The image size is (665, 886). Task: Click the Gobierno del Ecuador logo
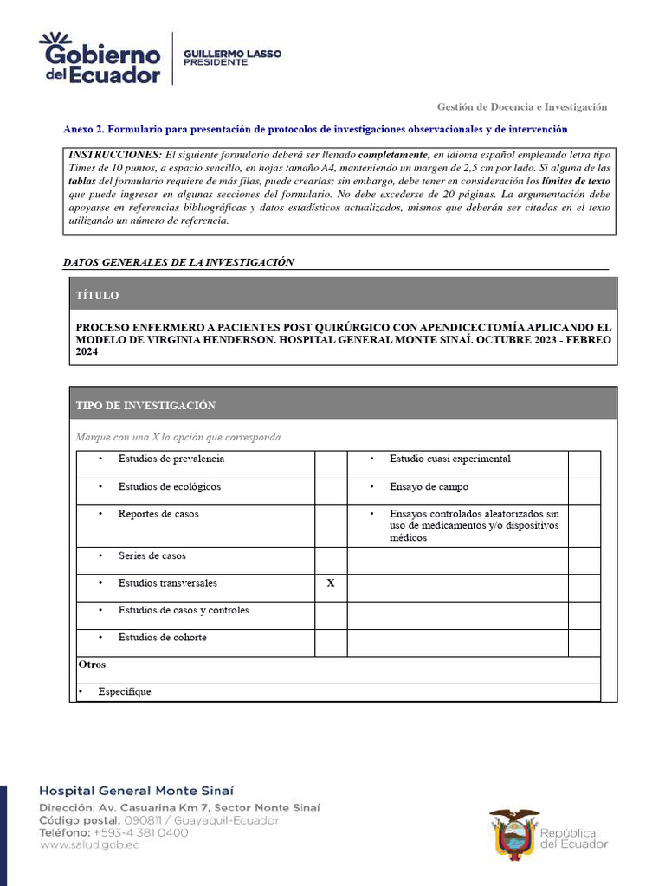[x=100, y=58]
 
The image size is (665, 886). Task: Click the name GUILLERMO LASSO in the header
[x=232, y=54]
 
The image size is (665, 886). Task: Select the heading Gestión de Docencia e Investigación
[x=521, y=106]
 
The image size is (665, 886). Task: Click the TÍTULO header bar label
[x=97, y=295]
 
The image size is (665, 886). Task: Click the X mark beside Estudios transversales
[x=330, y=583]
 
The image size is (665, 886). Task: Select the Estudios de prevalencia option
[x=171, y=459]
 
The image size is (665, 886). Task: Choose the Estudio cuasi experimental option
[x=449, y=459]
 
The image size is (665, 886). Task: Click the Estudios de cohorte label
[x=162, y=638]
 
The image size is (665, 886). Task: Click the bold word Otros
[x=92, y=664]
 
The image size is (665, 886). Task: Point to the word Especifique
[x=124, y=692]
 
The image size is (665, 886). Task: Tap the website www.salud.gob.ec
[x=89, y=844]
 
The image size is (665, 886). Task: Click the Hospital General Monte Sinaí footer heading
[x=136, y=791]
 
